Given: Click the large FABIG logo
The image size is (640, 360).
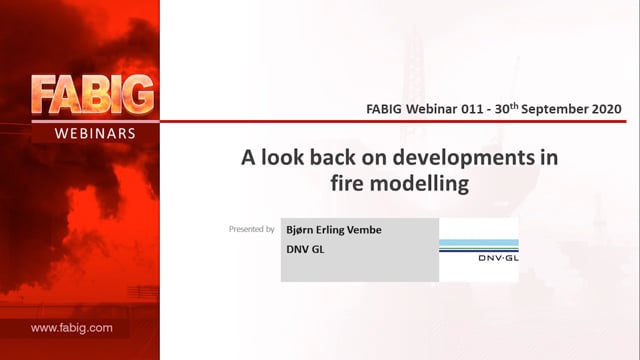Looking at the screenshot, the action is (x=93, y=95).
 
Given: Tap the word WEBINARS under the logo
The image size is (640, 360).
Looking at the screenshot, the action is (x=95, y=133).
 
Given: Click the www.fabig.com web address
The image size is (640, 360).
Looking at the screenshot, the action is (x=72, y=328).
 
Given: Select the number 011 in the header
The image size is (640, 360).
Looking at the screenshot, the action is (x=472, y=109).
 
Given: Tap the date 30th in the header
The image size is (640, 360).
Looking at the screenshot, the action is (x=507, y=108).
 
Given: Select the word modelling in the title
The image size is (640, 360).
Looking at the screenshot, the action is (x=419, y=184).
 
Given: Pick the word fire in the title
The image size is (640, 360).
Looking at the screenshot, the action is (x=347, y=183).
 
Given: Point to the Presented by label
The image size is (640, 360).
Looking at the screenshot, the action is (x=251, y=229).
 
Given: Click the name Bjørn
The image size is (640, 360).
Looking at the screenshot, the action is (x=300, y=230).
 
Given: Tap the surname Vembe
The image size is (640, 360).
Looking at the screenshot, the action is (x=364, y=230).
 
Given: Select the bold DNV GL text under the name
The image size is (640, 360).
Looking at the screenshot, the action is (x=305, y=249).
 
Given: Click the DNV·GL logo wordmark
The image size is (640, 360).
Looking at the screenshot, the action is (x=498, y=258).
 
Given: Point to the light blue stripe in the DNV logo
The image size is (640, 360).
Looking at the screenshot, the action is (x=479, y=243).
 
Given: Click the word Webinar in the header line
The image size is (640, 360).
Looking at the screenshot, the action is (x=432, y=109).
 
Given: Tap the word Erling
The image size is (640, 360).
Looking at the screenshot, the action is (x=330, y=231).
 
